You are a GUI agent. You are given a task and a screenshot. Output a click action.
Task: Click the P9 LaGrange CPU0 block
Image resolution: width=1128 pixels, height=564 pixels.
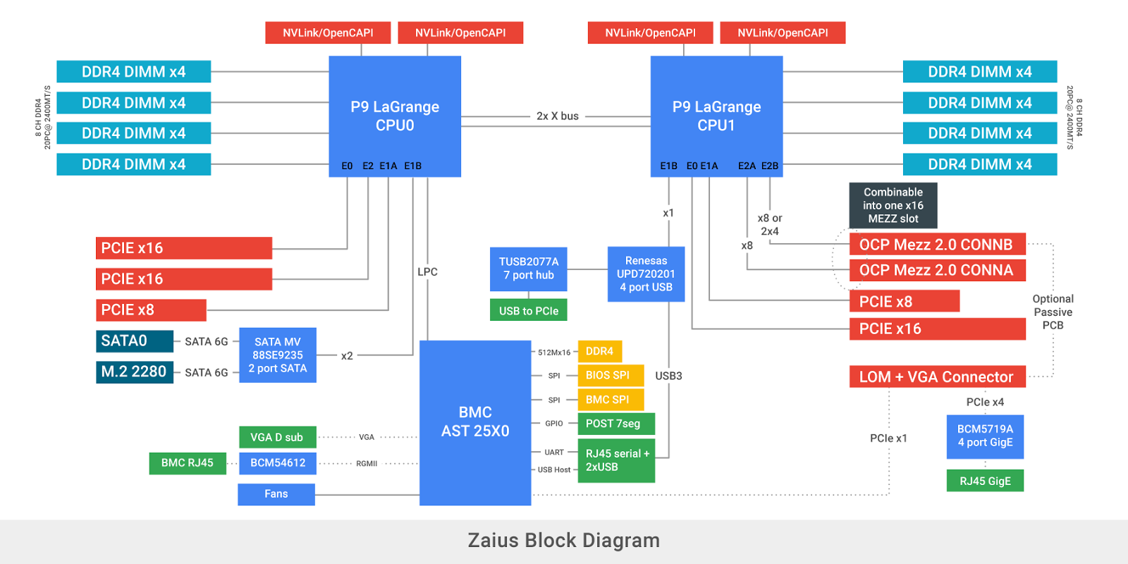pos(395,116)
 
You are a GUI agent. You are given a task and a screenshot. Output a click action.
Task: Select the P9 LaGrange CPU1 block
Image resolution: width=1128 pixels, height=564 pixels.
pos(716,116)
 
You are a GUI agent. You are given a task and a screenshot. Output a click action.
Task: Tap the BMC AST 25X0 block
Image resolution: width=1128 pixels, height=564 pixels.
pos(475,422)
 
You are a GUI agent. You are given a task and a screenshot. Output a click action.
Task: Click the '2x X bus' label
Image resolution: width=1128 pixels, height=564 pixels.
pos(557,116)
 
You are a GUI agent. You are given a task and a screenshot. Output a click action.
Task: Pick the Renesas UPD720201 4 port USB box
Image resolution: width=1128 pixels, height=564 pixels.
pos(646,274)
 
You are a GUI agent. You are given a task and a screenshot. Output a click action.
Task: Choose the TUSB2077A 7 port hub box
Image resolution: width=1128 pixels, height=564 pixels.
pos(529,269)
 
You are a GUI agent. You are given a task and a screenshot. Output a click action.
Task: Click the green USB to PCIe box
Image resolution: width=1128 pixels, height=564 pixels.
pos(529,310)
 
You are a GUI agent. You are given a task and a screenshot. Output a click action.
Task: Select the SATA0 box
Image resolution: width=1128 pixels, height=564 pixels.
pos(134,341)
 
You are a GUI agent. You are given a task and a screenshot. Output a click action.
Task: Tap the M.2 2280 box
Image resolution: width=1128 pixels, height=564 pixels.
pos(134,372)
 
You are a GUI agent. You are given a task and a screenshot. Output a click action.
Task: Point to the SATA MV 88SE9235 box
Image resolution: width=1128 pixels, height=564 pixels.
pos(278,355)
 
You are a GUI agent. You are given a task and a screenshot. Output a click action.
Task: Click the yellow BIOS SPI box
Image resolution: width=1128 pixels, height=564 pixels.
pos(611,375)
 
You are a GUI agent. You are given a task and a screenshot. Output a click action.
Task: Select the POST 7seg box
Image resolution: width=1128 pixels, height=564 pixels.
pos(616,424)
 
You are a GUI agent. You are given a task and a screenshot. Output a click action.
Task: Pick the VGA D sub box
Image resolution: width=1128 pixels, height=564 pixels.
pos(278,437)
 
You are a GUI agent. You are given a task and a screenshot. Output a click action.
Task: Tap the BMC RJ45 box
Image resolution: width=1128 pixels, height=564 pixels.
pos(188,463)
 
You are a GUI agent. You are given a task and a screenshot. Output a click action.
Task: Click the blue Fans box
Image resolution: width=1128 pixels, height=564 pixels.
pos(276,494)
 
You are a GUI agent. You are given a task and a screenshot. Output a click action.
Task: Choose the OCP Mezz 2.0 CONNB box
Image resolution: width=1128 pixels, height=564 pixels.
pos(937,245)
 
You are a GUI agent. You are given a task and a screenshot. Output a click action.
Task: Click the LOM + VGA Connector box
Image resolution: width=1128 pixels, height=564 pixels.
pos(937,377)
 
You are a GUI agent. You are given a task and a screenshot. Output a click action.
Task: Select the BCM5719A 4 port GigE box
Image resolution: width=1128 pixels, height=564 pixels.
pos(985,436)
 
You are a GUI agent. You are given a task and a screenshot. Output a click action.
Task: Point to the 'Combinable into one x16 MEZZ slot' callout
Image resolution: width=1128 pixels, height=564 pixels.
pos(893,205)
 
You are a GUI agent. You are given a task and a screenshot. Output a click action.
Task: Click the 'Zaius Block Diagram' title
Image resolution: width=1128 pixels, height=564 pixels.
pos(564,541)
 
